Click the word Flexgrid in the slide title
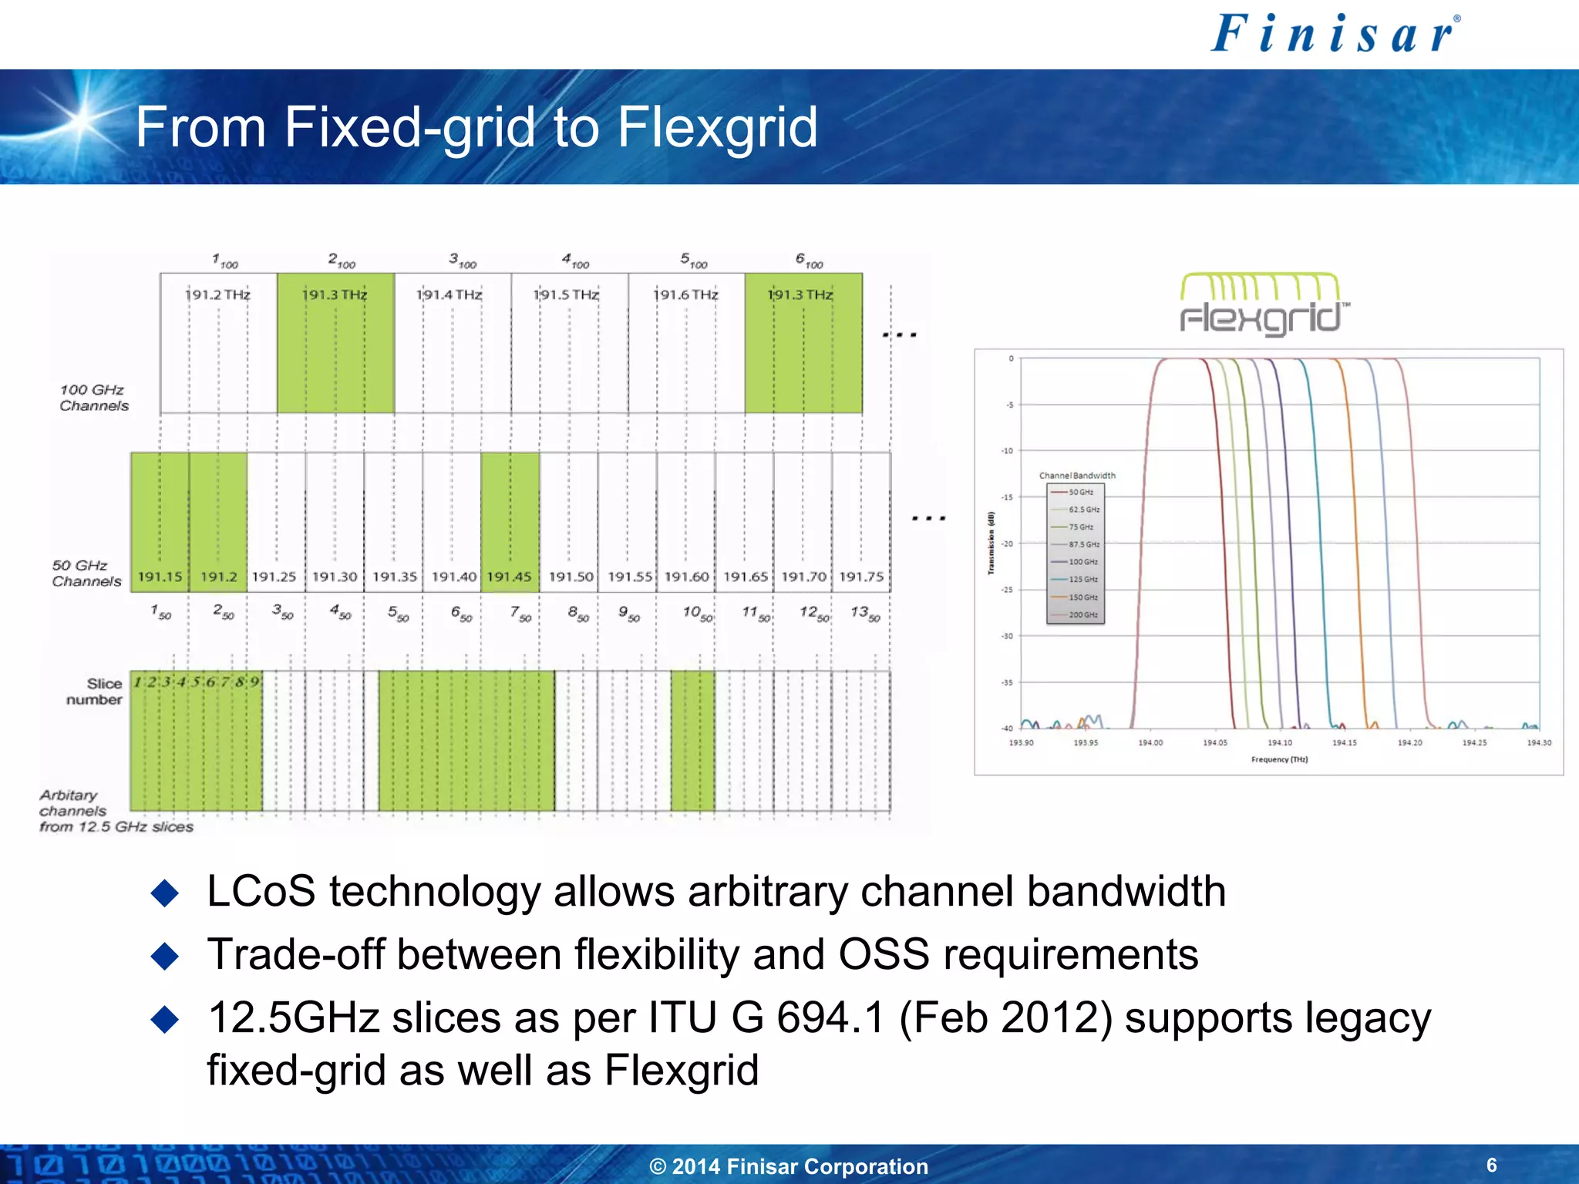pos(717,127)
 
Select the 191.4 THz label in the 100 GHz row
pos(449,294)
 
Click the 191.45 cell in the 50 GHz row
pos(509,577)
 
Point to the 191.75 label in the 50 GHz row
pos(861,577)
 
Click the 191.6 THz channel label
pos(685,294)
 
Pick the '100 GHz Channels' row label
pos(93,398)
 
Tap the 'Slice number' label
pos(94,691)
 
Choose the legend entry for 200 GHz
pos(1082,615)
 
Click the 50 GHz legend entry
pos(1080,492)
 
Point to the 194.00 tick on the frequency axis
pos(1150,743)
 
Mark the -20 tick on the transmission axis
pos(1007,543)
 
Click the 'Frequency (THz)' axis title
pos(1279,760)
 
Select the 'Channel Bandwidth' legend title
pos(1077,476)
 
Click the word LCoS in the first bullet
pos(261,892)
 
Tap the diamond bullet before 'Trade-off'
pos(165,957)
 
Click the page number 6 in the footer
pos(1491,1165)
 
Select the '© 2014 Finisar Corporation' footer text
pos(789,1166)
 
